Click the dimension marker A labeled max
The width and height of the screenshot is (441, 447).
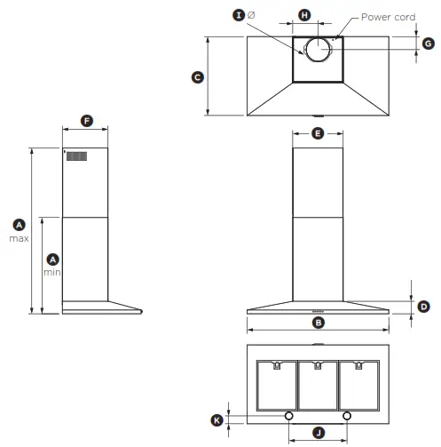click(20, 225)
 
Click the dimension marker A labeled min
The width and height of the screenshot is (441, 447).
click(52, 259)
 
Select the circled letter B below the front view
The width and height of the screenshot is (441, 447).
click(318, 323)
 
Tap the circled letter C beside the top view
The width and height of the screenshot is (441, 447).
click(198, 77)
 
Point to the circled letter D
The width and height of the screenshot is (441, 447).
click(423, 306)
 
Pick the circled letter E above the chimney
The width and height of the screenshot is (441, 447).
click(318, 134)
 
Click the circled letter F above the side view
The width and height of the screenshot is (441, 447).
click(86, 120)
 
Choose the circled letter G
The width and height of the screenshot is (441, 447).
click(428, 43)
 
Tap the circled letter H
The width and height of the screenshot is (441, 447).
click(304, 16)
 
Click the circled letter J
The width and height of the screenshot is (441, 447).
click(318, 432)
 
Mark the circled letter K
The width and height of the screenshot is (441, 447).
click(217, 419)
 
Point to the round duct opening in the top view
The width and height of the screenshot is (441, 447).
click(317, 51)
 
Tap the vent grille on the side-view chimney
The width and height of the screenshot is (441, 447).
click(77, 156)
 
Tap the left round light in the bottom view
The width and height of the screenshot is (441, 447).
click(289, 416)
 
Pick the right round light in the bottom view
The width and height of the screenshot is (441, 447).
click(346, 416)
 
